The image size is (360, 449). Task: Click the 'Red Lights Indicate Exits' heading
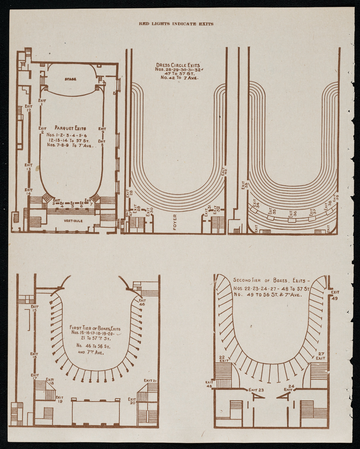[x=176, y=24]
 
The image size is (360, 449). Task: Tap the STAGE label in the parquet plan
[x=70, y=79]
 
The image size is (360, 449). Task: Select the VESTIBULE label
[x=73, y=221]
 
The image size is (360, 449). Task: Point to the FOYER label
[x=175, y=222]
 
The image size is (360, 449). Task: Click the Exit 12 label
[x=29, y=108]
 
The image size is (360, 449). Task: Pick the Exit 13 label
[x=29, y=167]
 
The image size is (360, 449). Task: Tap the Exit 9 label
[x=102, y=130]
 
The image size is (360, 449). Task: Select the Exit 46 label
[x=142, y=302]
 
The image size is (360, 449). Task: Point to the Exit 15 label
[x=35, y=308]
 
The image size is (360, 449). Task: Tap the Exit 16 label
[x=34, y=356]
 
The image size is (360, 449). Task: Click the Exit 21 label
[x=151, y=380]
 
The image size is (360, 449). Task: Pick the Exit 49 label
[x=335, y=295]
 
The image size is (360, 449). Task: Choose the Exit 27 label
[x=320, y=356]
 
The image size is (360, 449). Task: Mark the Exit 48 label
[x=209, y=384]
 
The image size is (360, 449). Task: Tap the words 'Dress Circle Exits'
[x=178, y=65]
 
